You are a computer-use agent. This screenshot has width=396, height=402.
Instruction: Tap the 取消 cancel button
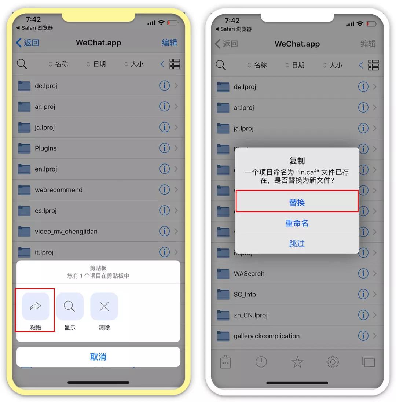coord(98,357)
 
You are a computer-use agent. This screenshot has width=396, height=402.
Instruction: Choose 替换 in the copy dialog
coord(297,202)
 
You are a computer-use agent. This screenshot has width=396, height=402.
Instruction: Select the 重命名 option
coord(297,223)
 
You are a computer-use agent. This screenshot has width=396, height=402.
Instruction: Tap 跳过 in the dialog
coord(297,243)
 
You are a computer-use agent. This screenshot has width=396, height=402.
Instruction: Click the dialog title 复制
coord(297,161)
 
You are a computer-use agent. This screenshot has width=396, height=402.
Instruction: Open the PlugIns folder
coord(46,148)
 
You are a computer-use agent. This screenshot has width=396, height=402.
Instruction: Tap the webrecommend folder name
coord(59,190)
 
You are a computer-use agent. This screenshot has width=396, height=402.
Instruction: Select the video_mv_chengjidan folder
coord(66,231)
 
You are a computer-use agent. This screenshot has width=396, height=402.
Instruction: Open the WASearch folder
coord(249,273)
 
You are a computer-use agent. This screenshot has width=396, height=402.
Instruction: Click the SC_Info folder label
coord(245,294)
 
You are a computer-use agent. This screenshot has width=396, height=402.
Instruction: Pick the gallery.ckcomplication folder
coord(267,336)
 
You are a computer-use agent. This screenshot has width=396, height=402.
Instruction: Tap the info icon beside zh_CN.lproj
coord(363,315)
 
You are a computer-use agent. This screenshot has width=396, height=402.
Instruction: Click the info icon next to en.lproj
coord(164,169)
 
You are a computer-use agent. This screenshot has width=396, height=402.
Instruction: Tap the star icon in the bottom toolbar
coord(297,362)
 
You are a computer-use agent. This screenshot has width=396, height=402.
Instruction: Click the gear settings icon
coord(333,362)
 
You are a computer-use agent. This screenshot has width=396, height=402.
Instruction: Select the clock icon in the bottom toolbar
coord(261,362)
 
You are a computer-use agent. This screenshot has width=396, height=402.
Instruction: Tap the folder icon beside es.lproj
coord(24,210)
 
